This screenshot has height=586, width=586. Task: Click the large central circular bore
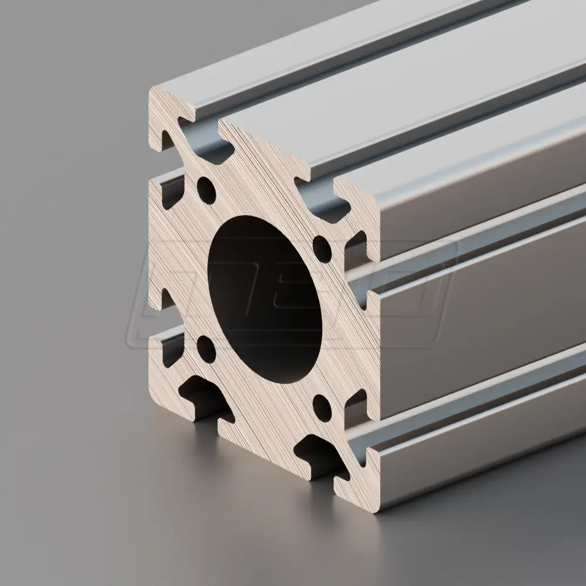(264, 299)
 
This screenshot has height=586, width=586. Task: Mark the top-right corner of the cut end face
(378, 202)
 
